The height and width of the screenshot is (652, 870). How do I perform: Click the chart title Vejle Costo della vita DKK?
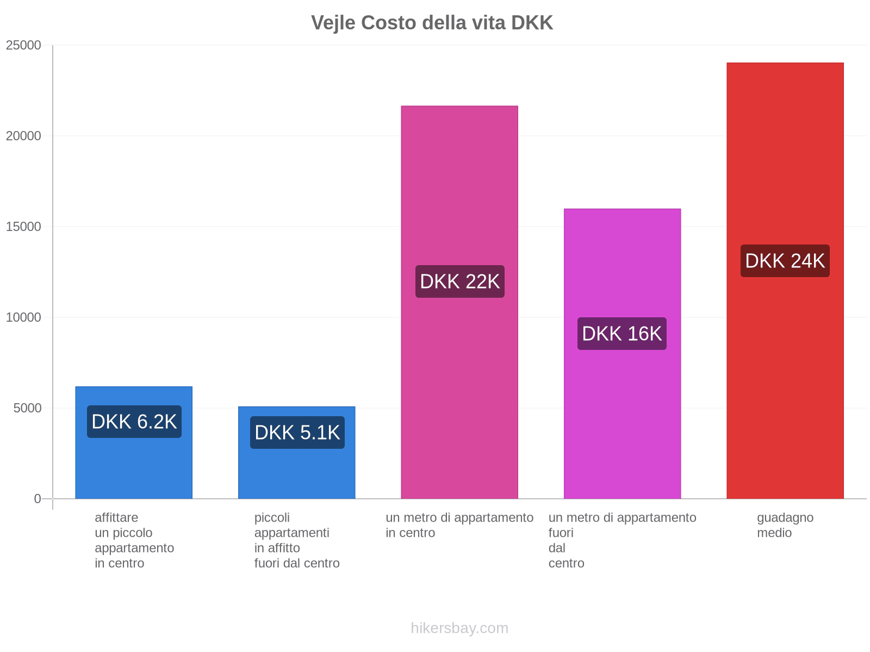[x=432, y=23]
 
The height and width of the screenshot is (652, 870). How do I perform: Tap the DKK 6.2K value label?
[x=134, y=422]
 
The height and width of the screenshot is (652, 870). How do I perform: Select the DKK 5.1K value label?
[x=297, y=432]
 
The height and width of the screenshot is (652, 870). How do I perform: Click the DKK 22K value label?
[x=459, y=281]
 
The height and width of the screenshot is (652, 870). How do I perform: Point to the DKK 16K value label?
[x=622, y=334]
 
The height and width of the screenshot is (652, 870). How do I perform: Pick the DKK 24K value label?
[x=785, y=261]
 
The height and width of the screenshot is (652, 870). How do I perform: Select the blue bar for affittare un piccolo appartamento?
[x=134, y=467]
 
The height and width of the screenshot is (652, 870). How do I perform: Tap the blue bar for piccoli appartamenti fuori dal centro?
[x=297, y=473]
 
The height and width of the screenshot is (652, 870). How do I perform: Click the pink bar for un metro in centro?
[x=459, y=190]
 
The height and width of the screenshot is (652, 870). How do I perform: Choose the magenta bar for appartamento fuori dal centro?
[x=622, y=261]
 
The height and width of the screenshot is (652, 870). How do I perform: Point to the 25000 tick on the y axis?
[x=24, y=45]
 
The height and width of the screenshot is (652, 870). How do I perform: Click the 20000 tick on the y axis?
[x=24, y=136]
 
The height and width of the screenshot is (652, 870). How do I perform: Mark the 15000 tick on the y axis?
[x=24, y=227]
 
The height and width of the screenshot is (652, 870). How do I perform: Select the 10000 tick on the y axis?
[x=24, y=317]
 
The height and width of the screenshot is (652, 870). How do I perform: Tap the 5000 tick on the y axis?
[x=28, y=408]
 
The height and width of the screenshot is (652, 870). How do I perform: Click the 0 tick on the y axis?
[x=38, y=499]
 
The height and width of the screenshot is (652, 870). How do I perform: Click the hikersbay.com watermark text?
[x=459, y=628]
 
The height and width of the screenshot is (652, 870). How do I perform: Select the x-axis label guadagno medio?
[x=785, y=525]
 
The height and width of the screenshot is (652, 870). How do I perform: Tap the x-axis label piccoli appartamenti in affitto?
[x=297, y=540]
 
